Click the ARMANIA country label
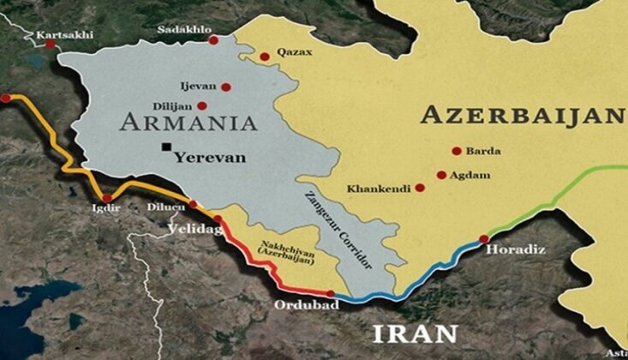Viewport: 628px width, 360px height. [x=188, y=123]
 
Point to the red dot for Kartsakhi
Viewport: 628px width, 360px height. [x=51, y=43]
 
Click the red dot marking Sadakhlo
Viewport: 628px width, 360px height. [x=212, y=40]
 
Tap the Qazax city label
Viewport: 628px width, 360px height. [x=293, y=53]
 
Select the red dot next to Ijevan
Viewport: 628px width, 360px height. [x=225, y=87]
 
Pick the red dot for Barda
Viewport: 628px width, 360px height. [x=458, y=151]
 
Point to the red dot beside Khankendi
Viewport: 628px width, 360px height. [x=420, y=188]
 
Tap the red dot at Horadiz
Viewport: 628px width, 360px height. [x=484, y=239]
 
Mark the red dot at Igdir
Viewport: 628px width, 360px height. [x=107, y=198]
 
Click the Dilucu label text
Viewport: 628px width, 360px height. [x=164, y=206]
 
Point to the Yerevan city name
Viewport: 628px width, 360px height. [x=209, y=157]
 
